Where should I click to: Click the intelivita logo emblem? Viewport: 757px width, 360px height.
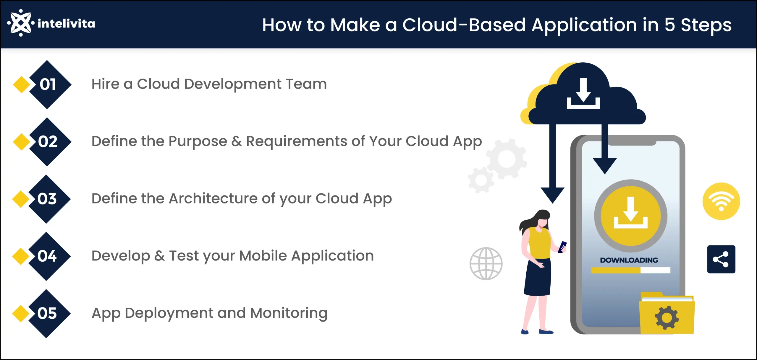click(x=21, y=23)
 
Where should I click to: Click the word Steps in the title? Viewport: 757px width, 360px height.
click(x=706, y=25)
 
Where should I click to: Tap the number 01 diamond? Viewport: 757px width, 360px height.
click(x=47, y=84)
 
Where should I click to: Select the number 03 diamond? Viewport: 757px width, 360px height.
click(x=47, y=199)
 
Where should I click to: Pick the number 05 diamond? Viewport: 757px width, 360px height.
click(x=47, y=313)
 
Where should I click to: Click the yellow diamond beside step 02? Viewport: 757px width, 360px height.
click(x=21, y=142)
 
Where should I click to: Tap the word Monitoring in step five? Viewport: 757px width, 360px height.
click(x=289, y=314)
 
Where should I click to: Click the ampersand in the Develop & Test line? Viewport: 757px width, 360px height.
click(x=159, y=256)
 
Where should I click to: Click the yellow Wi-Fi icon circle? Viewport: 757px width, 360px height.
click(x=721, y=201)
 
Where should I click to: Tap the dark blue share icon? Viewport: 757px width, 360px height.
click(x=721, y=259)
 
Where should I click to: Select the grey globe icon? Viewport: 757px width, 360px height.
click(x=486, y=264)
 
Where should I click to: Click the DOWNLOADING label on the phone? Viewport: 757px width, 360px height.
click(x=629, y=260)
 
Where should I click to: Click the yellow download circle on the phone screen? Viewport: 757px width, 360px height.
click(x=631, y=216)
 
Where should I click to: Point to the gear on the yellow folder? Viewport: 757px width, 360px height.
click(x=667, y=318)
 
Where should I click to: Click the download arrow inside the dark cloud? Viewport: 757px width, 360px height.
click(x=583, y=93)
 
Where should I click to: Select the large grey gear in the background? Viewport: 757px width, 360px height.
click(x=507, y=159)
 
